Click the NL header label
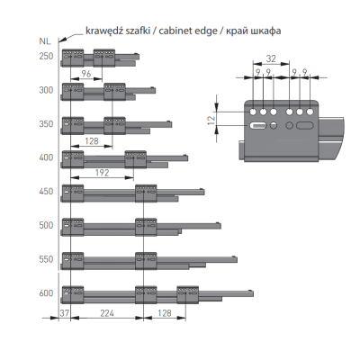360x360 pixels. coord(45,41)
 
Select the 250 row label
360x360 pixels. coord(46,56)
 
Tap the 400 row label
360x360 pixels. coord(46,157)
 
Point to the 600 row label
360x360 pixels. coord(46,293)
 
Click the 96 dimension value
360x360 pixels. coord(86,74)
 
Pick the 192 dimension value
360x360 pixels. coord(102,173)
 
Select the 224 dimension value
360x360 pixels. coord(107,313)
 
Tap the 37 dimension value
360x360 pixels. coord(64,313)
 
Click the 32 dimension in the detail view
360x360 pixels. coord(271,58)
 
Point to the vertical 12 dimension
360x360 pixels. coord(211,120)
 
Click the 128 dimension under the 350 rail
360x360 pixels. coord(92,141)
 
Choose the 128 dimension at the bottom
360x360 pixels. coord(165,313)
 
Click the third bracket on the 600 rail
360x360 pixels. coord(187,295)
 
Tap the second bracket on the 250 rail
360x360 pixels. coord(104,58)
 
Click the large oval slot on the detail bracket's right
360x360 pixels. coord(304,125)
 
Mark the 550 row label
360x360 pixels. coord(46,259)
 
